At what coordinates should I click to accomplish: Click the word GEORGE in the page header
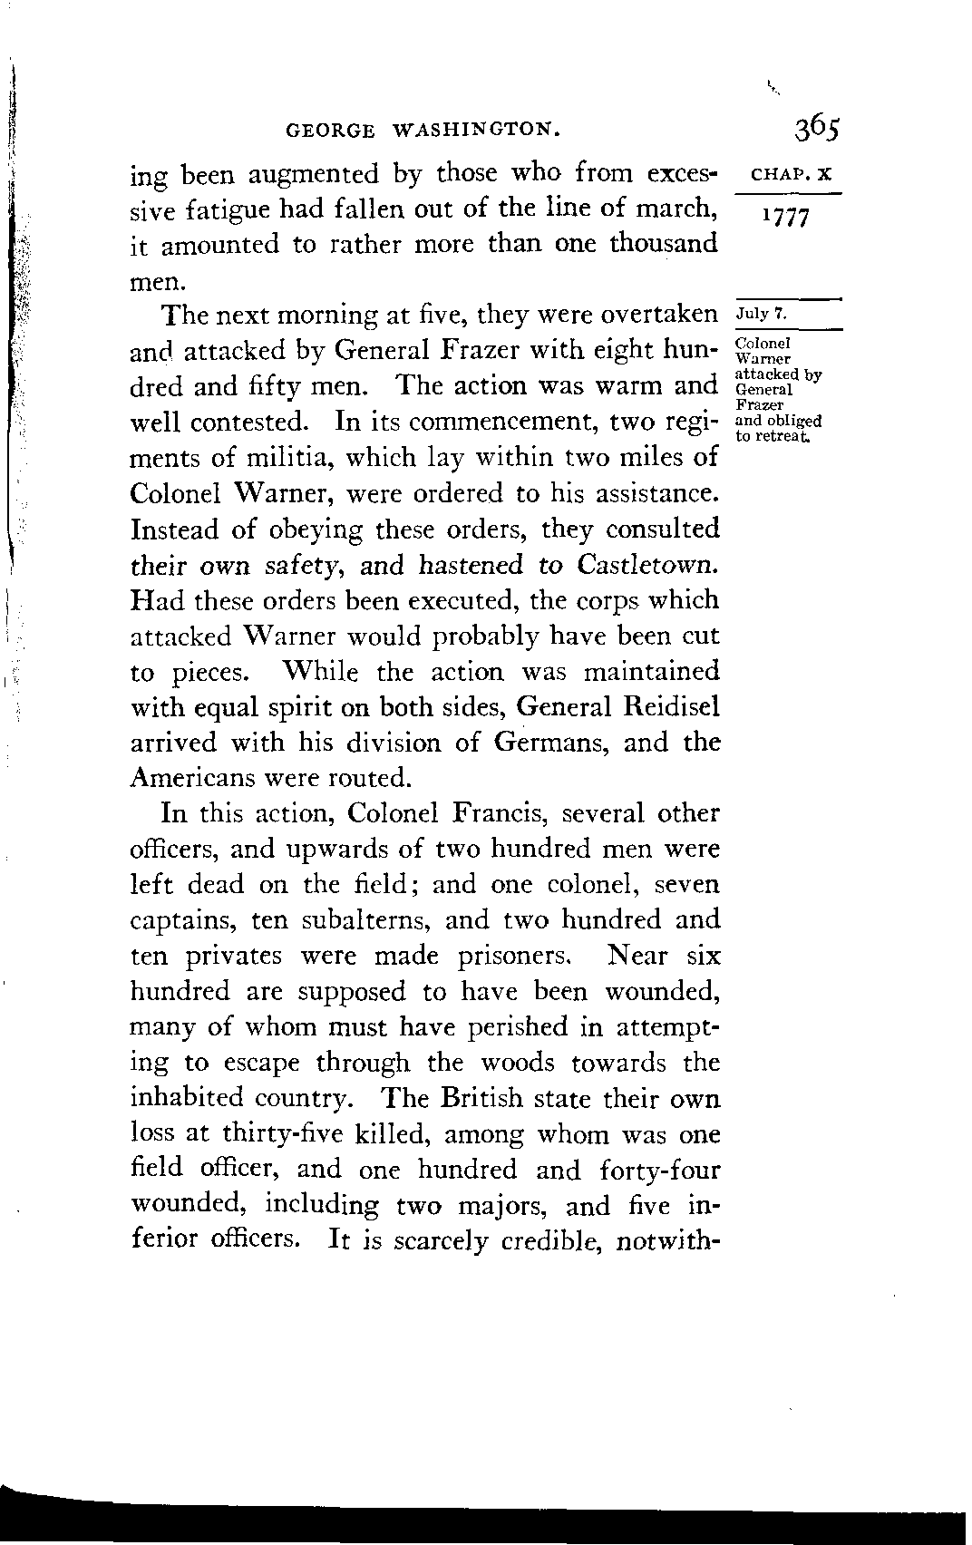coord(329,131)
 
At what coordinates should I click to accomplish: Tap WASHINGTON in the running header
coord(474,131)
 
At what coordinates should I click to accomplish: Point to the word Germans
coord(548,743)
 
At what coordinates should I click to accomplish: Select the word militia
coord(279,458)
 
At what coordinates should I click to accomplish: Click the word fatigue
coord(228,209)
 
